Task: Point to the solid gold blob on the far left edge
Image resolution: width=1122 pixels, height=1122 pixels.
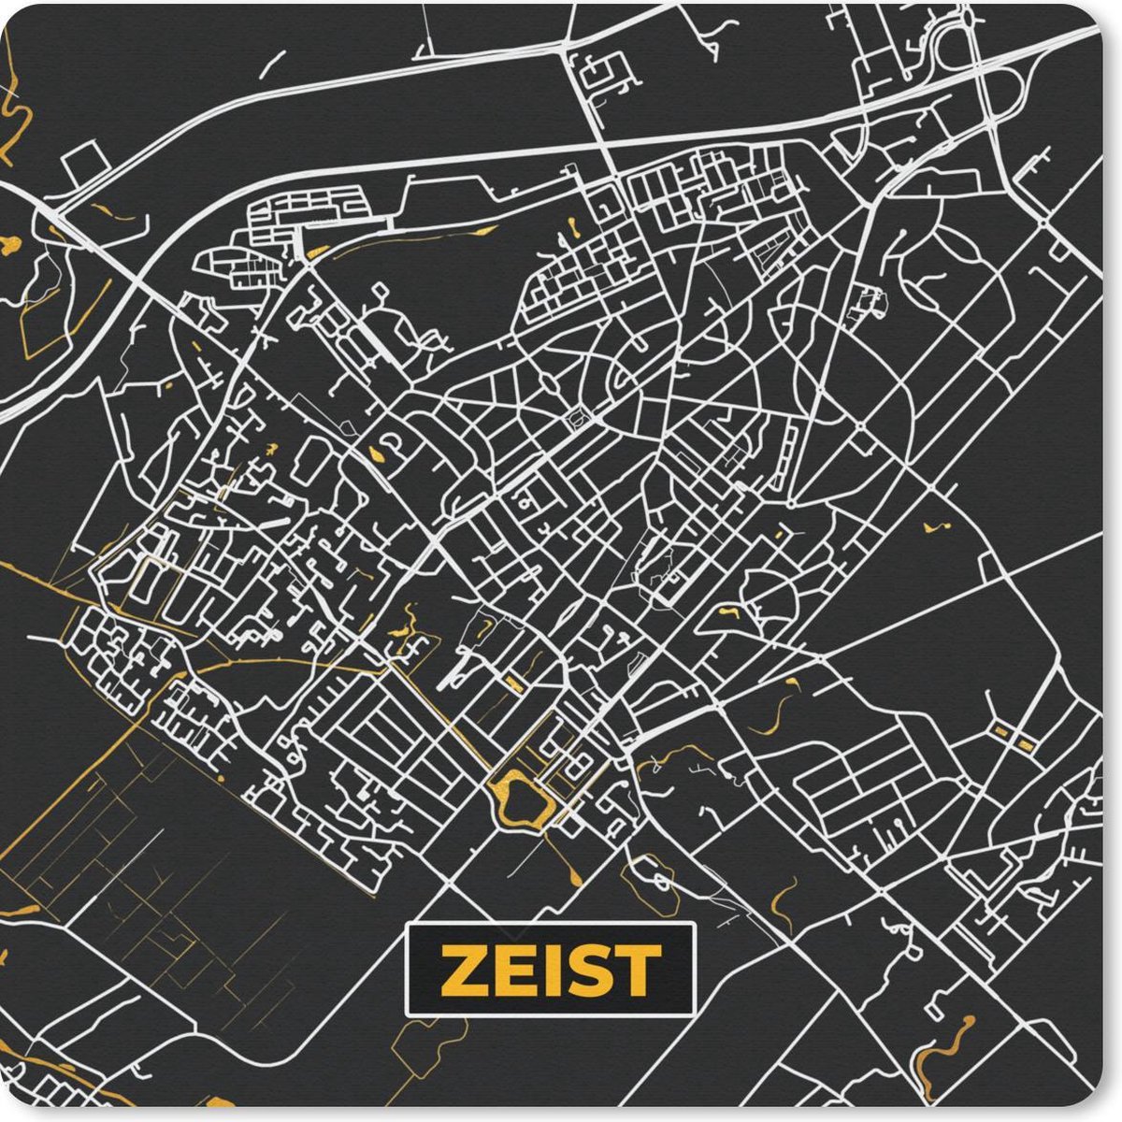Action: pos(10,246)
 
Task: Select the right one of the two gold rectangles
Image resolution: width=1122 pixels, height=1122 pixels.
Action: pos(1025,745)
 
